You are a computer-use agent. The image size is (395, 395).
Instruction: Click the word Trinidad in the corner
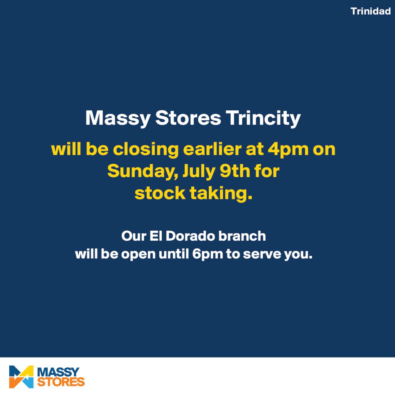[x=370, y=11]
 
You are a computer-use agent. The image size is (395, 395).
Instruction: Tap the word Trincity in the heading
[x=263, y=118]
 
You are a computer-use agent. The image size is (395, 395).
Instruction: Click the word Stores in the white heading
[x=188, y=118]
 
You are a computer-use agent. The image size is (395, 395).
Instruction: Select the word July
[x=199, y=172]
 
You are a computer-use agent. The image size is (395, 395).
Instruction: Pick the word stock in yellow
[x=160, y=193]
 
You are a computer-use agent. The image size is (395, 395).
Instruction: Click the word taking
[x=221, y=194]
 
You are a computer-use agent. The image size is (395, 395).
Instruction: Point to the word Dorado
[x=190, y=236]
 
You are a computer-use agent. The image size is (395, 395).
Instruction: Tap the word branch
[x=242, y=236]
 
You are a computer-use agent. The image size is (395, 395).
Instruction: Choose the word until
[x=174, y=253]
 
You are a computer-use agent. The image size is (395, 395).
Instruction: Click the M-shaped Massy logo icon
[x=21, y=376]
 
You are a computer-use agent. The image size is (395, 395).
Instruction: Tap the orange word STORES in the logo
[x=61, y=382]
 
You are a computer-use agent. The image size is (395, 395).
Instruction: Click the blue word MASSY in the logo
[x=58, y=372]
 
